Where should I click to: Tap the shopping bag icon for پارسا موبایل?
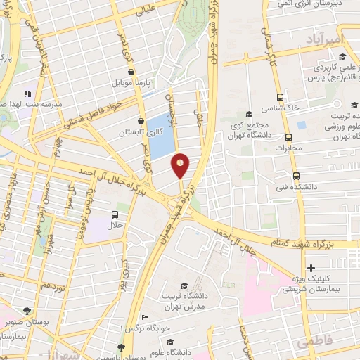131,71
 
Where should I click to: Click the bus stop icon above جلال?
115,214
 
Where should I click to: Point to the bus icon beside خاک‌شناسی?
281,97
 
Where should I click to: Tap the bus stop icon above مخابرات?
288,138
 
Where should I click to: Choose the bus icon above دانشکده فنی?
295,177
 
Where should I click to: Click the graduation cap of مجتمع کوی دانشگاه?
247,115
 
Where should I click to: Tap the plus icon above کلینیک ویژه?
311,268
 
